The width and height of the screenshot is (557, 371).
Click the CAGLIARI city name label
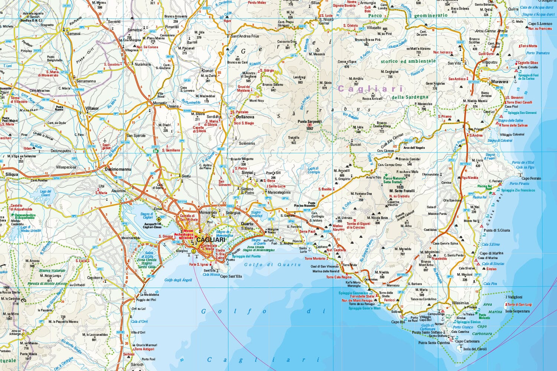tap(211, 240)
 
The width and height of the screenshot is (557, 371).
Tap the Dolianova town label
tap(245, 117)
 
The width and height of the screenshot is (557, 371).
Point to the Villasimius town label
tap(460, 303)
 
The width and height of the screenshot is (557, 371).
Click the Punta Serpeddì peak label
tap(310, 122)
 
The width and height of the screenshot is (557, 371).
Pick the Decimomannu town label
tap(118, 169)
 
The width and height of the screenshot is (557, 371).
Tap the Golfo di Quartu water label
tap(272, 265)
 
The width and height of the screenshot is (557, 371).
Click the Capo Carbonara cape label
tap(467, 341)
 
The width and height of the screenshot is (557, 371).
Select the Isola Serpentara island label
tap(517, 311)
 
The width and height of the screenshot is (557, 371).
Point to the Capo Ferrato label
tap(531, 178)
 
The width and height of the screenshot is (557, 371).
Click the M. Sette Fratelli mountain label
tap(402, 191)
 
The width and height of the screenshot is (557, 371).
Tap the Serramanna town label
tap(86, 81)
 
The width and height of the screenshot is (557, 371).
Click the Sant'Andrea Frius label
tap(245, 36)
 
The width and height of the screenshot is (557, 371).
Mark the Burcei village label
tap(355, 145)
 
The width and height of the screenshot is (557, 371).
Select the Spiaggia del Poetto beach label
tap(246, 256)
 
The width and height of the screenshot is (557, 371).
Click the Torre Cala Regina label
tap(339, 277)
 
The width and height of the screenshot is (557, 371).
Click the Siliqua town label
tap(12, 174)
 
